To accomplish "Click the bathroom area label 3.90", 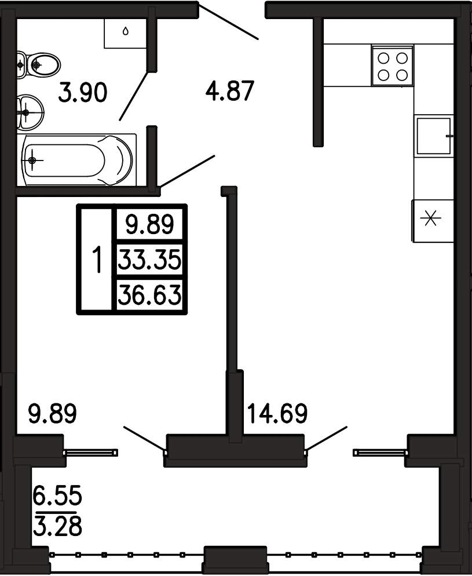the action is click(x=83, y=92).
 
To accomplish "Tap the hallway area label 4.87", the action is click(x=230, y=91).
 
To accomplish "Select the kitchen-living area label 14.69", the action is click(x=277, y=413).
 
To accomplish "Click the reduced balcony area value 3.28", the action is click(x=57, y=526).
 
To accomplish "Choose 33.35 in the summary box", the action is click(x=150, y=260).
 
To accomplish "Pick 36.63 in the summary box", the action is click(x=150, y=294).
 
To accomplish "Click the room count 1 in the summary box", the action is click(x=97, y=260).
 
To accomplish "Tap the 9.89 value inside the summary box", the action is click(x=150, y=224).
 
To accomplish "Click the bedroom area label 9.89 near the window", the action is click(x=53, y=413).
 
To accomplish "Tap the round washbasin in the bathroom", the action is click(x=30, y=112).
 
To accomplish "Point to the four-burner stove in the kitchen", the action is click(x=393, y=66).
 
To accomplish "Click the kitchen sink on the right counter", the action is click(x=434, y=136).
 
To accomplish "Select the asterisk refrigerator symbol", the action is click(x=430, y=218).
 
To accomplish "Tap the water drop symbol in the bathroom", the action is click(x=126, y=32).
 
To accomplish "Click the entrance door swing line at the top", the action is click(x=228, y=21).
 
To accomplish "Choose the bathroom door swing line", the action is click(x=134, y=96).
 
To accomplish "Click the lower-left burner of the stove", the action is click(x=383, y=75).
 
